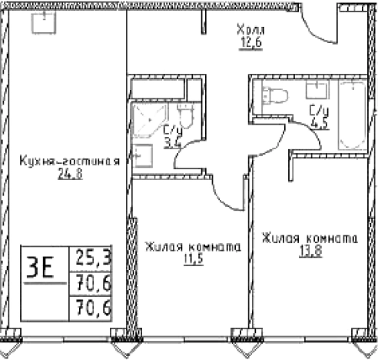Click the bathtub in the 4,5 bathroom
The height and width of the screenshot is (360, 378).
point(352,115)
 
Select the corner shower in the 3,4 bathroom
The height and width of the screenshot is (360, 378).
point(145,120)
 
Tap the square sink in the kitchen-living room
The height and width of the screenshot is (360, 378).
point(39,22)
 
